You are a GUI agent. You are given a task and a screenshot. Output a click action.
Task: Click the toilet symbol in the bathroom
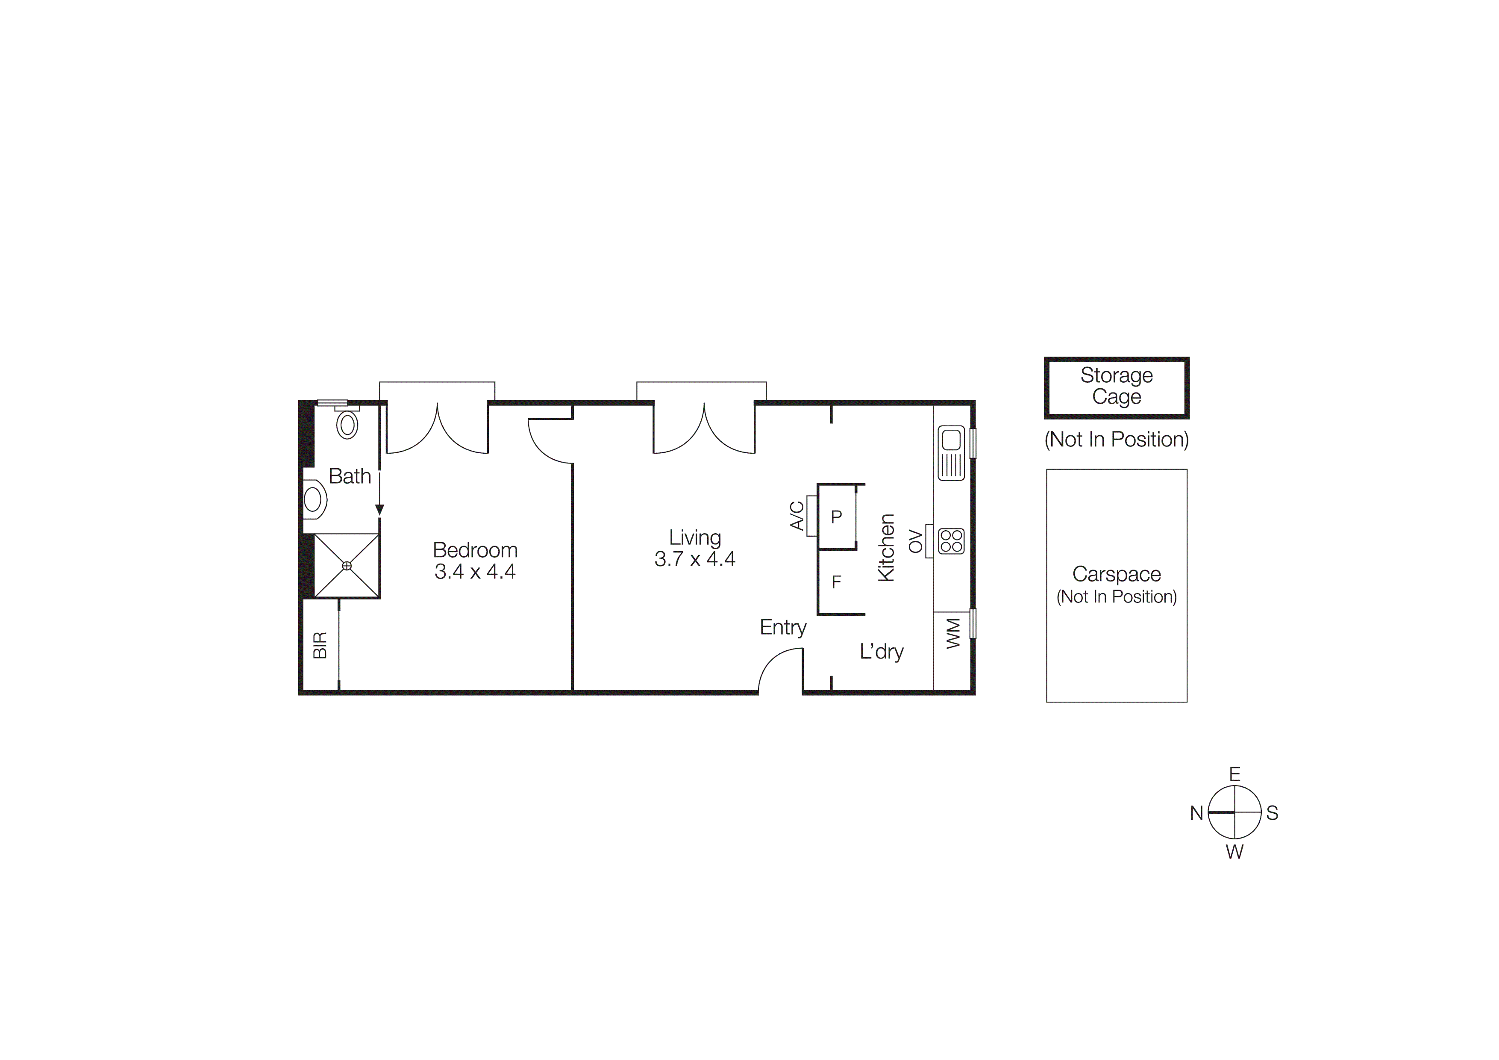click(347, 425)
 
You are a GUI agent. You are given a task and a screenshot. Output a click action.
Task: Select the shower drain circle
click(347, 566)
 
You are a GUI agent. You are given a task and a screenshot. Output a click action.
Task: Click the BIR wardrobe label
click(320, 645)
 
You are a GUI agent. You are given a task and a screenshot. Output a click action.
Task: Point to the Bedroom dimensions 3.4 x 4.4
click(475, 571)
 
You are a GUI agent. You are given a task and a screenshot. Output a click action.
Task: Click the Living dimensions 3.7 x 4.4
click(695, 559)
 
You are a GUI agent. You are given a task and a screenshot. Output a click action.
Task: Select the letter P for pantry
click(836, 517)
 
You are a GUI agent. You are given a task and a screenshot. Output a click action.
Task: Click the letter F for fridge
click(836, 582)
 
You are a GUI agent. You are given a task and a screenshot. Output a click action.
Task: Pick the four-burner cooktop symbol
click(951, 541)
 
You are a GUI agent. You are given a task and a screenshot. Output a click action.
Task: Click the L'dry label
click(882, 652)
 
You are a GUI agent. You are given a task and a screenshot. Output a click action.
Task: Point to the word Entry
click(783, 628)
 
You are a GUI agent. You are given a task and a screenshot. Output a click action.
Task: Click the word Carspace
click(1117, 574)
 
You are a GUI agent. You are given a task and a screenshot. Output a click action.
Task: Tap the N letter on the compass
click(1196, 813)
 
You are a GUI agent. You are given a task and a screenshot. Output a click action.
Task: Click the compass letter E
click(1234, 775)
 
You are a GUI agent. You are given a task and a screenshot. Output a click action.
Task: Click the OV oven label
click(916, 541)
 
